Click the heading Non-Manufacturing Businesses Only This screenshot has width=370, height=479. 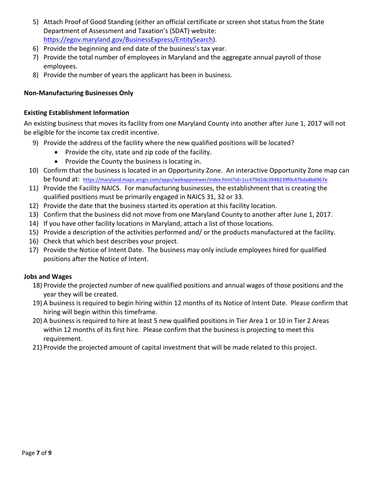click(x=78, y=93)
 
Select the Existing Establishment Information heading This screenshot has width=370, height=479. click(x=76, y=113)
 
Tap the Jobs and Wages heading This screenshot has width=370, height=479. click(x=48, y=276)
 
